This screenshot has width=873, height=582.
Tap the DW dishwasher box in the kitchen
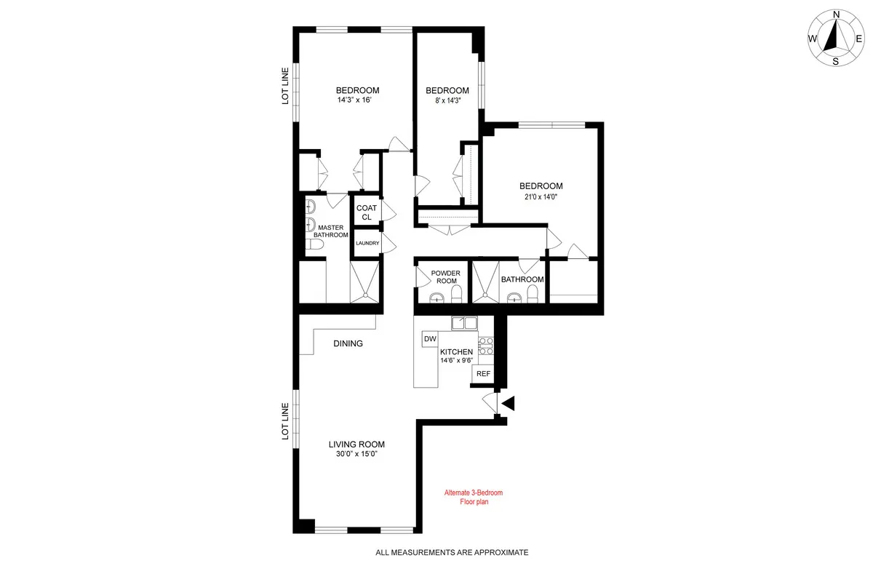pyautogui.click(x=430, y=339)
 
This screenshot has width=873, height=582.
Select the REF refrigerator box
pyautogui.click(x=483, y=374)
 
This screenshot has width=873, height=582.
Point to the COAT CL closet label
pyautogui.click(x=367, y=212)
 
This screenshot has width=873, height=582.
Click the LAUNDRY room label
pyautogui.click(x=367, y=243)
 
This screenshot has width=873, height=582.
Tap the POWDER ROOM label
pyautogui.click(x=445, y=277)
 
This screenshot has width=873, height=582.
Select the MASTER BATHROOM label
pyautogui.click(x=330, y=231)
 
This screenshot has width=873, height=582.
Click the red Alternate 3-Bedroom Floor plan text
pyautogui.click(x=474, y=497)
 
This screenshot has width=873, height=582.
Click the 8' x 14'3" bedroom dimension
pyautogui.click(x=447, y=102)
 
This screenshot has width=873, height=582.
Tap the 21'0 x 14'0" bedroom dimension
pyautogui.click(x=541, y=196)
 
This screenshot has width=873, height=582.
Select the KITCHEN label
pyautogui.click(x=456, y=352)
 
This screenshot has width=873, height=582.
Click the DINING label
pyautogui.click(x=348, y=343)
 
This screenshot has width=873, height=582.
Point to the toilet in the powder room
pyautogui.click(x=457, y=293)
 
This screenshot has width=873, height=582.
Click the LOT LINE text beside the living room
pyautogui.click(x=286, y=422)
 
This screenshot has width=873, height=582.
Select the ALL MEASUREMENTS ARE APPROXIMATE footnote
pyautogui.click(x=452, y=553)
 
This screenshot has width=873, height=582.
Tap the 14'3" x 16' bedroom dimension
pyautogui.click(x=357, y=100)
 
